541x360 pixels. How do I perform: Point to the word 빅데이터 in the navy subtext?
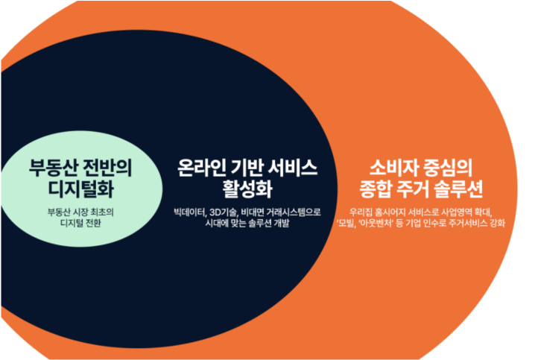click(189, 212)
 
